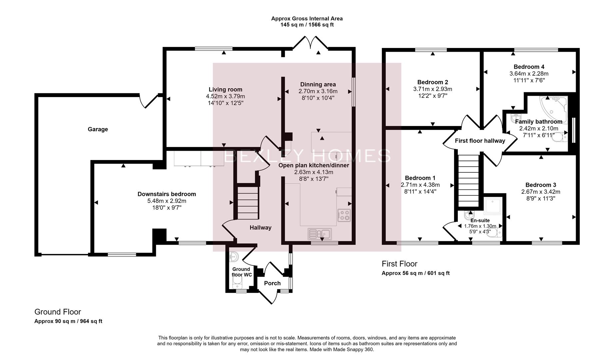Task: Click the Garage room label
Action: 98,129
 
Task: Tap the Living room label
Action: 225,89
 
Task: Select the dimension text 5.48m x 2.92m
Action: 167,201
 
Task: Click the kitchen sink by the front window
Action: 319,234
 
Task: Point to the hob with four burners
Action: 344,215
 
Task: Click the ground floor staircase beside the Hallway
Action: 248,203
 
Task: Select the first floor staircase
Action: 468,181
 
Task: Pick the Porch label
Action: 272,283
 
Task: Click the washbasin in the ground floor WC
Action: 234,257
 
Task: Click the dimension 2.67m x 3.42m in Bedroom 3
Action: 540,192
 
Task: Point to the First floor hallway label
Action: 480,141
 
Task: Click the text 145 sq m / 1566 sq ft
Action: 307,25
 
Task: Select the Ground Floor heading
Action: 58,312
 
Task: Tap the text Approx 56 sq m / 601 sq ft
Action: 415,273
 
